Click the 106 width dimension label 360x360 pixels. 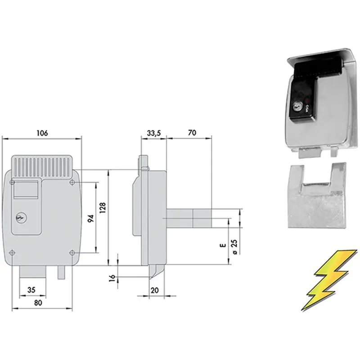42,133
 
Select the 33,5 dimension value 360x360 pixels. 154,133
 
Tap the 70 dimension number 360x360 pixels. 192,133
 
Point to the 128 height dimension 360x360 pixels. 103,208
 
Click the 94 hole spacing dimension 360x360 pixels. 91,218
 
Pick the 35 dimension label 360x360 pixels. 31,290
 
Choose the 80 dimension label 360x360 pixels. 38,303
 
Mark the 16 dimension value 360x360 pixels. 112,277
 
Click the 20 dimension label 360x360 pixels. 155,290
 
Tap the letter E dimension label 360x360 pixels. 223,245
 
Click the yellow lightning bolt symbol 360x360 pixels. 329,280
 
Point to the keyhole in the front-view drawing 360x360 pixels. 21,218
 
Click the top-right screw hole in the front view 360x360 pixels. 72,183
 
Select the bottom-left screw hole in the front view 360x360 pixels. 12,253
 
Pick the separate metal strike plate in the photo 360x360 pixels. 317,195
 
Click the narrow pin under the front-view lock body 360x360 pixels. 61,272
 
